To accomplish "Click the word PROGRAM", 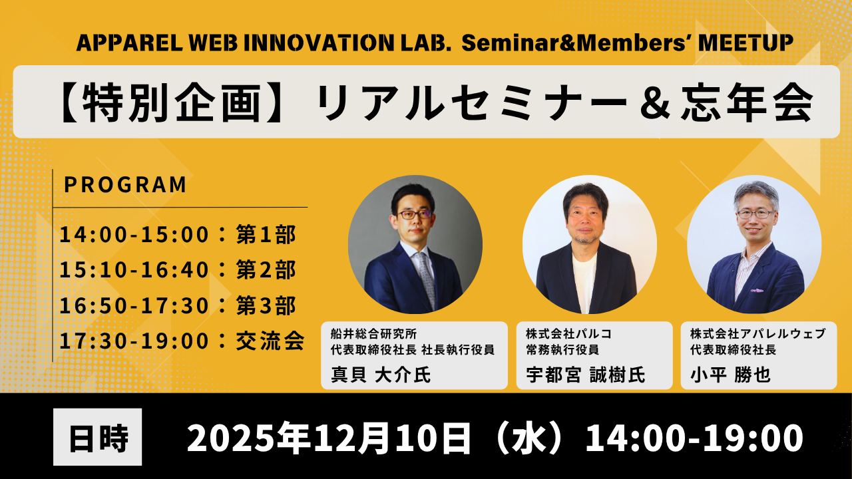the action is [125, 185].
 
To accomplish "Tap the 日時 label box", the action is [97, 437].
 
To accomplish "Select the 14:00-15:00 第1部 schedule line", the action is [178, 234].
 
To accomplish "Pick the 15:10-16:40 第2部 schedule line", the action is [178, 269].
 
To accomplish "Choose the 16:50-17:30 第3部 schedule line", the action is [178, 305].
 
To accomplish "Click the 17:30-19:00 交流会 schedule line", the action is [182, 341].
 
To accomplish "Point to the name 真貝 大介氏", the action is [381, 375].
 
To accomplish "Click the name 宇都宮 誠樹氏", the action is [586, 375].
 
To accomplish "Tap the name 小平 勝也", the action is [730, 375].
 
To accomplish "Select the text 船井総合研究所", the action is [374, 334].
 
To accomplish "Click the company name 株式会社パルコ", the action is [569, 334].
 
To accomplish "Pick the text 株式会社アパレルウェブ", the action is [758, 334].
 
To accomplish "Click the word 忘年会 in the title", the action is [747, 102].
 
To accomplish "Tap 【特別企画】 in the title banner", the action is [172, 102].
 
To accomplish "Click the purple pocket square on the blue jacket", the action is [757, 291].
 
